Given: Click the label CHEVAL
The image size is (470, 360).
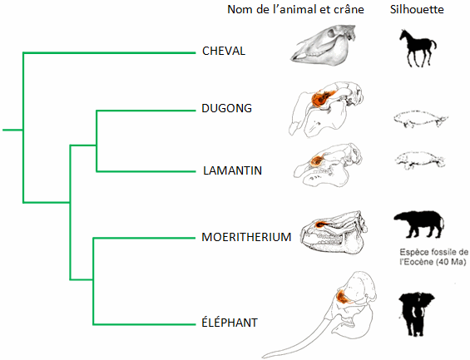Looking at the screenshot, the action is (224, 51).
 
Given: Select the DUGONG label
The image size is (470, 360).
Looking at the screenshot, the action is (226, 108).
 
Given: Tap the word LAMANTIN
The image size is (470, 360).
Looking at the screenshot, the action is (233, 170).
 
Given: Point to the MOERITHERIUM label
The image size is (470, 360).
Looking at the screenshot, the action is (246, 237).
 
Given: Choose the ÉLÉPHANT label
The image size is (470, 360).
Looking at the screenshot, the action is (230, 323).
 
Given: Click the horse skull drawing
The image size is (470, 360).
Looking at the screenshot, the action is (324, 45).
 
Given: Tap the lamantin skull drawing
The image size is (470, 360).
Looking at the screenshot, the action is (327, 165).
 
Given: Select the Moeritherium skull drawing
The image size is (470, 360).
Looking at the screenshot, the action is (334, 233).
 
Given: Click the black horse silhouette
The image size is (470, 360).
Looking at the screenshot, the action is (418, 48).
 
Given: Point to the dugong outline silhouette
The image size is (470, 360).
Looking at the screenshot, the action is (420, 119).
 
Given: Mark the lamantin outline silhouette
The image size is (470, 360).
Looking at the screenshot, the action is (419, 160).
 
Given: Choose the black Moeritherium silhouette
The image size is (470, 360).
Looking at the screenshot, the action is (418, 224).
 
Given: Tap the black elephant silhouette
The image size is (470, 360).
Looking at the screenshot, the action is (416, 314).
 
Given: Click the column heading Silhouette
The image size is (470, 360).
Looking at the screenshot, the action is (417, 9).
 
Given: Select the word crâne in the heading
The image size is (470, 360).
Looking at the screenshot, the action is (349, 10).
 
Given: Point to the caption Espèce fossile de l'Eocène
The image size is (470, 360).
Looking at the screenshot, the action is (433, 257).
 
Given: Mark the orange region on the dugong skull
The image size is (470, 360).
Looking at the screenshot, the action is (320, 98).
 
